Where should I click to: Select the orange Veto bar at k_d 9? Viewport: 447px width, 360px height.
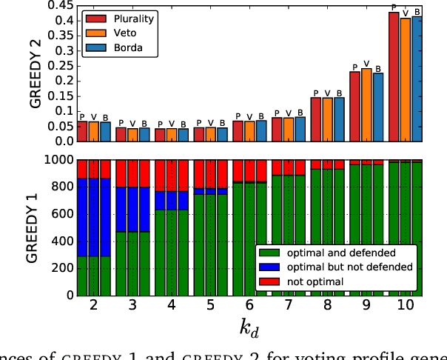coord(367,104)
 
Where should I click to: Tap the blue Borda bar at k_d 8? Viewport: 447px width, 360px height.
coord(340,119)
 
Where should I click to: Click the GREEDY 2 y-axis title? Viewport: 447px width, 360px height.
coord(36,74)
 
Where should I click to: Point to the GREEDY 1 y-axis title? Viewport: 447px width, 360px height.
coord(36,227)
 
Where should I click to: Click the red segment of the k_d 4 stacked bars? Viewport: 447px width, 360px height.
coord(172,175)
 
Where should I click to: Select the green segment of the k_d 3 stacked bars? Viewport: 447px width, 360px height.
coord(132,263)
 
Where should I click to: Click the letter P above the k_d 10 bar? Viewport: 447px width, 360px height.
coord(394,7)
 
